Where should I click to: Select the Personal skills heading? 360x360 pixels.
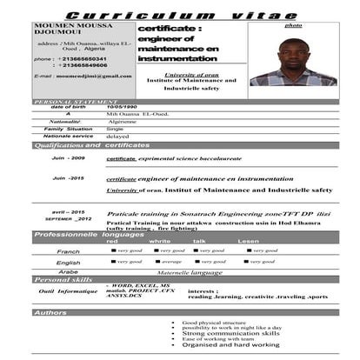pyautogui.click(x=63, y=279)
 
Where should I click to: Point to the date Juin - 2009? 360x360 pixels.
pyautogui.click(x=68, y=158)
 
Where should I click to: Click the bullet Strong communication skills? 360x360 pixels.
pyautogui.click(x=230, y=333)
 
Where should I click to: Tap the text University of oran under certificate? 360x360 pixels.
pyautogui.click(x=190, y=76)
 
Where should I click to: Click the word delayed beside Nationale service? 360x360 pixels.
pyautogui.click(x=117, y=136)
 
